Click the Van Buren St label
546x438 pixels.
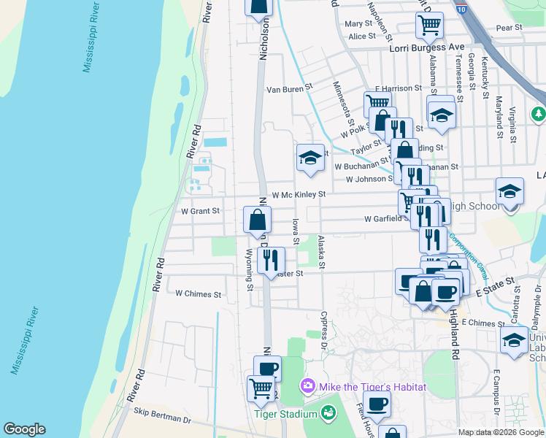[289, 89]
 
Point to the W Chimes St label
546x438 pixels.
[198, 294]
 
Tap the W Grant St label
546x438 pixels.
[200, 211]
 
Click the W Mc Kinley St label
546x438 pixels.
[299, 195]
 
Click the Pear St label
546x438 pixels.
[509, 28]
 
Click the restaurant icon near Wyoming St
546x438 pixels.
[271, 258]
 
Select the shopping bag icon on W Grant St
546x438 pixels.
[257, 219]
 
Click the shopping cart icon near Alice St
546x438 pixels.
[429, 25]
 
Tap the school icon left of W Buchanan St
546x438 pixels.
[310, 158]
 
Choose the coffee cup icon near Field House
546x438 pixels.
[377, 404]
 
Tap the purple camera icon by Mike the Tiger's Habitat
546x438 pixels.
[307, 385]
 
